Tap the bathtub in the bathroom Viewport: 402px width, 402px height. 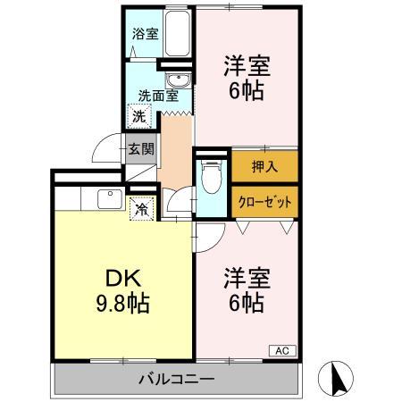click(177, 36)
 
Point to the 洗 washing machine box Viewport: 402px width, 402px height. click(140, 116)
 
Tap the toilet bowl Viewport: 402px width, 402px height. click(211, 178)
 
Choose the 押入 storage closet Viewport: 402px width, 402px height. click(264, 167)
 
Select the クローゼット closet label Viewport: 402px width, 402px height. click(264, 201)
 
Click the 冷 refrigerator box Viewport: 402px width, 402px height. click(141, 210)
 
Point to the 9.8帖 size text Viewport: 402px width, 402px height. click(123, 302)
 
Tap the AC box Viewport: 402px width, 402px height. click(281, 350)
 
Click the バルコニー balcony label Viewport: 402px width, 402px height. click(176, 378)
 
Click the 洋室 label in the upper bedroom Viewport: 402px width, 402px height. click(247, 66)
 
